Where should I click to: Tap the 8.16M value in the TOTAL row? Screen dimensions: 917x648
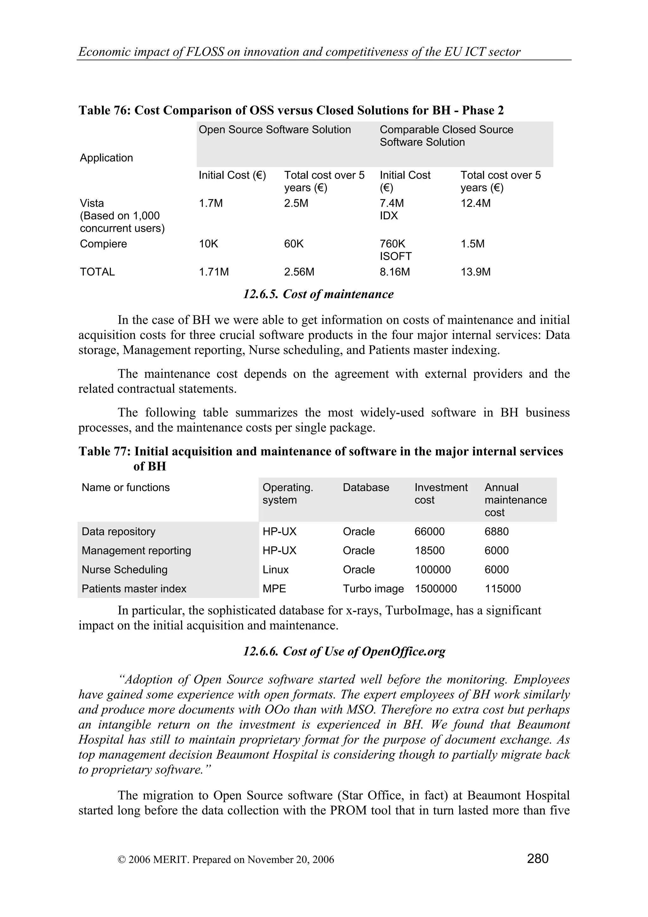pos(395,272)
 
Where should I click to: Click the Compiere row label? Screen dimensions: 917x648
pos(103,244)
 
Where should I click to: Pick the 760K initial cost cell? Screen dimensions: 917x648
pos(392,244)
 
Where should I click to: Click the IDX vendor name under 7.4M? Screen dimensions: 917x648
pos(389,216)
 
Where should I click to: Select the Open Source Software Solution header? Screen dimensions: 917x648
pos(275,130)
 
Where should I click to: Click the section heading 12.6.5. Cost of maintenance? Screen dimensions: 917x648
pos(318,294)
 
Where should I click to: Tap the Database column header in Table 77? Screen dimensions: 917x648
pos(366,487)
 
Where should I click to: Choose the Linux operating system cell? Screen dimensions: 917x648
pos(276,570)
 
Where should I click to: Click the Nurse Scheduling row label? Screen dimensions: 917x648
pos(125,570)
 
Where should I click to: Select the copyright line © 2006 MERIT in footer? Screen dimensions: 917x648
pos(226,859)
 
